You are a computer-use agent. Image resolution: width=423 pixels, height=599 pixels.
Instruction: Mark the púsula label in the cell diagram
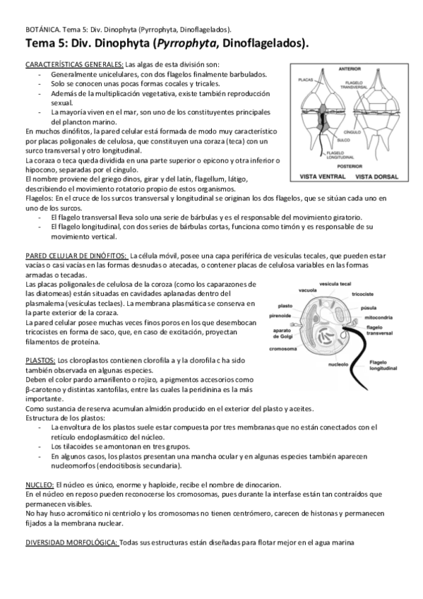[368, 309]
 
